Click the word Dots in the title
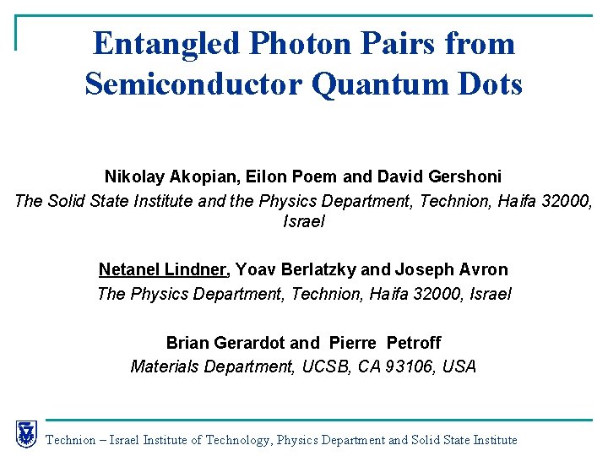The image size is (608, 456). click(490, 84)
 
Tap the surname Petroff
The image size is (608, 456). click(414, 343)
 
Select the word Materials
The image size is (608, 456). click(165, 366)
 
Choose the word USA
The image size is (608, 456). click(460, 366)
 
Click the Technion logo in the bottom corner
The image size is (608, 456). click(26, 434)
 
